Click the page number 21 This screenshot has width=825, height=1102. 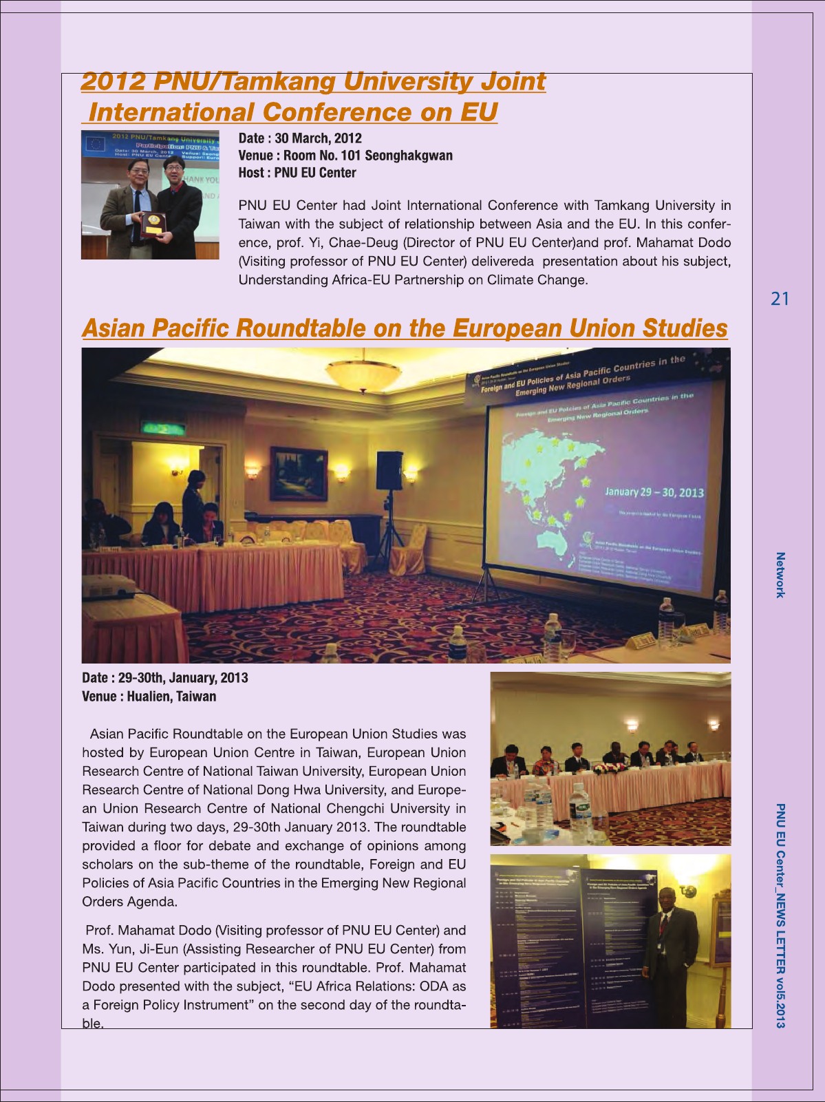tap(780, 299)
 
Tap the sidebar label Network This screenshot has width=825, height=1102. tap(780, 575)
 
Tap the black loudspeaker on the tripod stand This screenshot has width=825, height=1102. tap(389, 470)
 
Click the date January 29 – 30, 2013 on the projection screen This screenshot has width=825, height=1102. tap(654, 492)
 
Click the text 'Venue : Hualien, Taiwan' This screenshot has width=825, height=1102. tap(149, 697)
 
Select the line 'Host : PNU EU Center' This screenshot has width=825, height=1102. tap(297, 173)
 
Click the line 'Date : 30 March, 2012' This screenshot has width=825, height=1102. tap(299, 138)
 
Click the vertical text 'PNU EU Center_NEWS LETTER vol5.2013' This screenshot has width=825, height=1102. tap(780, 915)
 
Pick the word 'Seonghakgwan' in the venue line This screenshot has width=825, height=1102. tap(408, 156)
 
